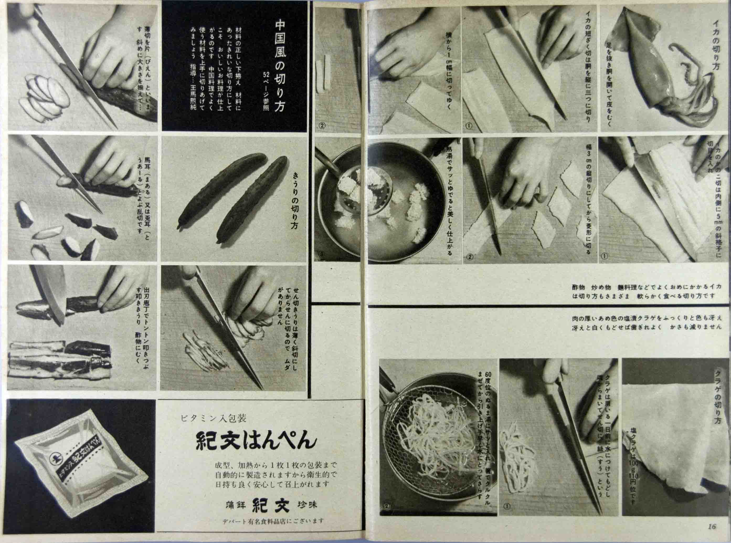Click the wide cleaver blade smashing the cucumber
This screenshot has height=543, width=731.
pyautogui.click(x=51, y=293)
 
